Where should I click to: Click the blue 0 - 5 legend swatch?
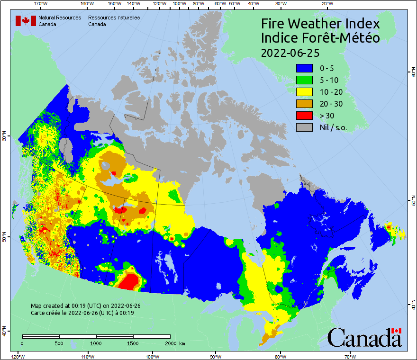[x=304, y=68]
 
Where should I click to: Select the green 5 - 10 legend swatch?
[x=304, y=80]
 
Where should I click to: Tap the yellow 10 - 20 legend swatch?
[x=304, y=92]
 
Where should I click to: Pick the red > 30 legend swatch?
[x=304, y=115]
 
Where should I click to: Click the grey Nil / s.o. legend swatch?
[x=304, y=127]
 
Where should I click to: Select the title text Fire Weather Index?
[x=320, y=24]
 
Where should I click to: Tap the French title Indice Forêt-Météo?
[x=320, y=38]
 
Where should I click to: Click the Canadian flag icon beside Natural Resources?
[x=26, y=21]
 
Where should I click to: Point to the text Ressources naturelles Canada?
[x=109, y=20]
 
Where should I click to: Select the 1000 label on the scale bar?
[x=96, y=343]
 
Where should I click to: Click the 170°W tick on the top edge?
[x=41, y=4]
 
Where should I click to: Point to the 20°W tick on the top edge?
[x=326, y=4]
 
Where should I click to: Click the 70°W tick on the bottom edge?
[x=350, y=356]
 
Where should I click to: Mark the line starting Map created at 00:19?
[x=85, y=306]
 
